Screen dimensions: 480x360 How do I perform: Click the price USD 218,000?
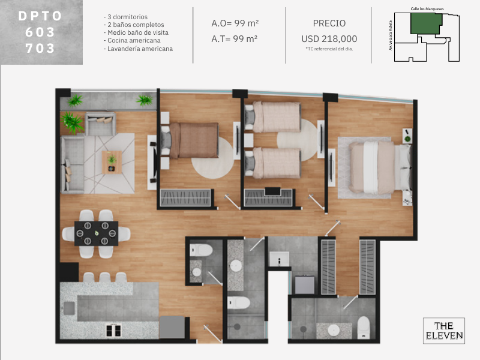329,39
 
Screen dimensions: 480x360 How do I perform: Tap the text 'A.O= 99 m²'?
235,23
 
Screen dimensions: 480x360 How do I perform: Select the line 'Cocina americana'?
132,40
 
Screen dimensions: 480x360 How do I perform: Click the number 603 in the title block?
40,32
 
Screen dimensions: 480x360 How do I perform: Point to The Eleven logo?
444,331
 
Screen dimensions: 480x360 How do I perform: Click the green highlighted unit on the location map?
426,23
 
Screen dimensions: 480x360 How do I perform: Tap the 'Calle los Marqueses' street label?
427,9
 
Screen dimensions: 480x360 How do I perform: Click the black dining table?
96,233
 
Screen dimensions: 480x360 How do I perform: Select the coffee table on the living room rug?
112,162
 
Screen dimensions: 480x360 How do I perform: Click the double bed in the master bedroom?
380,168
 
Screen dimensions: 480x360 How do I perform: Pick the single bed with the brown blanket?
190,140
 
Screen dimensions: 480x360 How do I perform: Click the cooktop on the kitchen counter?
113,331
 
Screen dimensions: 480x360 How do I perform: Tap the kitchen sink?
69,308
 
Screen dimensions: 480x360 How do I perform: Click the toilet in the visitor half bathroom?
201,250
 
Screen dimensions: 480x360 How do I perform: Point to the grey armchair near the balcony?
100,124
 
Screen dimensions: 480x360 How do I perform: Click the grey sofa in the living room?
72,164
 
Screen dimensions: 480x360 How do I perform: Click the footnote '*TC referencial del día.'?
329,49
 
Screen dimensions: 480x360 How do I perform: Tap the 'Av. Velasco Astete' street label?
391,35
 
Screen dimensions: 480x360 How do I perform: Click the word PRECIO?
329,23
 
